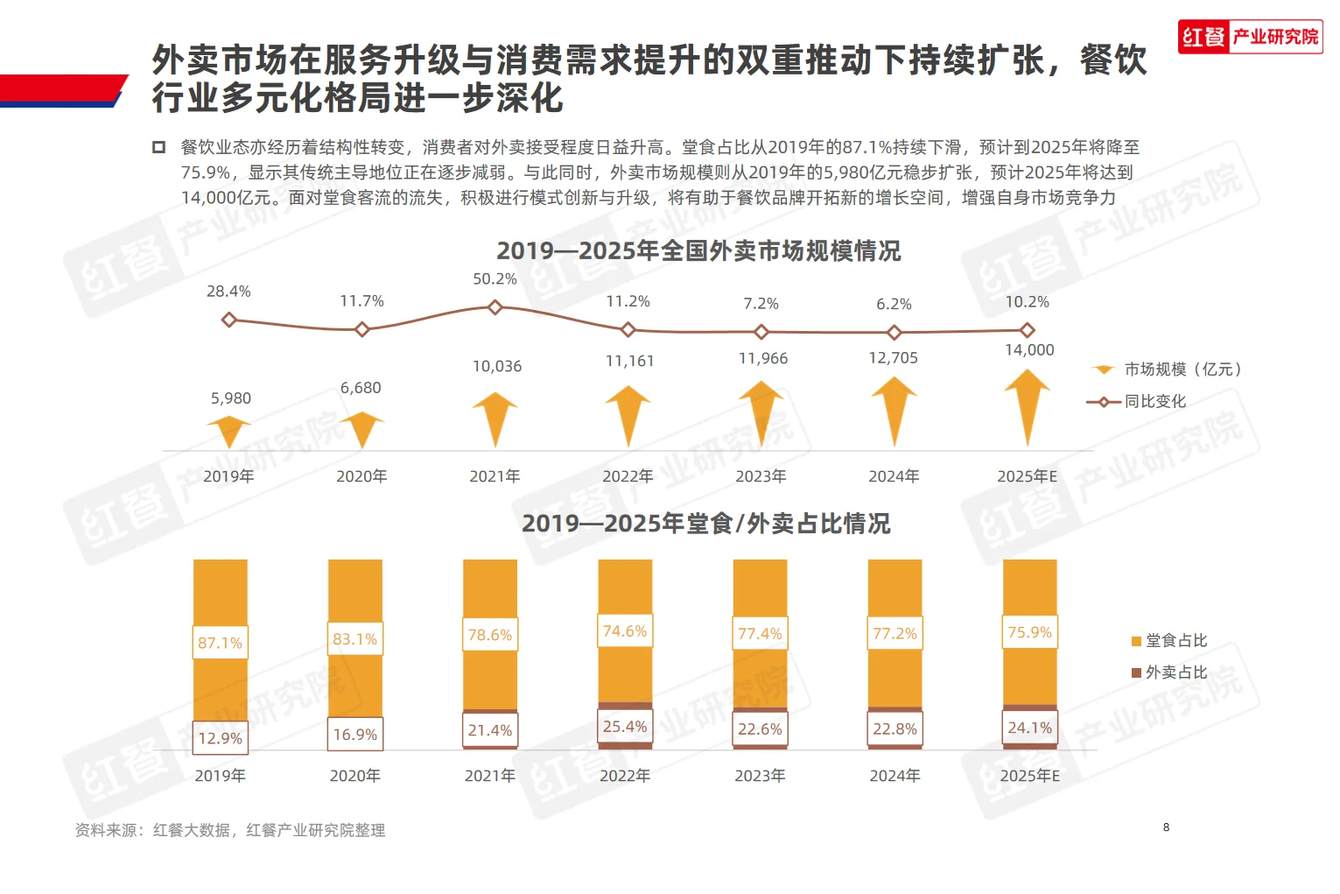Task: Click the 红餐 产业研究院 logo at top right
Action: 1249,37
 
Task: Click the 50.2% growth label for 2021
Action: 495,279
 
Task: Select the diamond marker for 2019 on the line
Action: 229,320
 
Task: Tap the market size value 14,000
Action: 1029,350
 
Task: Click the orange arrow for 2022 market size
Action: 628,416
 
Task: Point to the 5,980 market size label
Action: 230,398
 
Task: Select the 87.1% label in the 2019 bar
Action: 220,643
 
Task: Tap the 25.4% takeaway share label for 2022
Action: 625,727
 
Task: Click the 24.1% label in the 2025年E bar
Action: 1029,728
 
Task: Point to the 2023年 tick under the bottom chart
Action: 760,776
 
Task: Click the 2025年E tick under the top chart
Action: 1027,476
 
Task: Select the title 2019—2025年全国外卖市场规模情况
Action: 698,251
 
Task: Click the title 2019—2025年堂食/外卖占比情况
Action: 705,524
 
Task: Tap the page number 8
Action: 1166,827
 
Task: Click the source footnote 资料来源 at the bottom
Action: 230,830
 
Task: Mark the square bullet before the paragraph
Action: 159,147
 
